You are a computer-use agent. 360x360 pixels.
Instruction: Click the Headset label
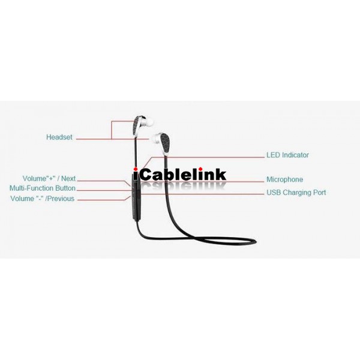pos(59,137)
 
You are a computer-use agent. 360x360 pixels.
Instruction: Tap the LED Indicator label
pos(287,155)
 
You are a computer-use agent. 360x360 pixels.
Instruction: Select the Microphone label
pos(284,179)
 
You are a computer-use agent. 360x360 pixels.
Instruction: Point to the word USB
pos(274,193)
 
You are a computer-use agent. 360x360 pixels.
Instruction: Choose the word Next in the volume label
pos(68,178)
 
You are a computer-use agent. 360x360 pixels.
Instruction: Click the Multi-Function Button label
pos(43,188)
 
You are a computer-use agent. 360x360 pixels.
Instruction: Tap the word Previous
pos(60,199)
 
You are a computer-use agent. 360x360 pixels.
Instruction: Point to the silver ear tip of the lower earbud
pos(154,138)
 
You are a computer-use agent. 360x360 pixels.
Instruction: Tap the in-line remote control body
pos(135,197)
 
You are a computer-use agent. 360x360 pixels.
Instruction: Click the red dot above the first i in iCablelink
pos(136,169)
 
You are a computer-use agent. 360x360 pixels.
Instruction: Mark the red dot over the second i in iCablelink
pos(200,169)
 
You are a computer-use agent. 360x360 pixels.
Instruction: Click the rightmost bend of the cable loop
pos(254,241)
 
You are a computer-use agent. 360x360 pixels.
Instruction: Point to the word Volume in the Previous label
pos(22,199)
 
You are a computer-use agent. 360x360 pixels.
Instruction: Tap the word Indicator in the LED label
pos(295,155)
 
